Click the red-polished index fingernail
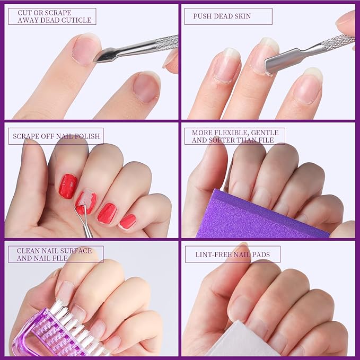(x=67, y=186)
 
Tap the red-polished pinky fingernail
(x=128, y=221)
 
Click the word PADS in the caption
(x=259, y=254)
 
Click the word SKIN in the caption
(x=242, y=16)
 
